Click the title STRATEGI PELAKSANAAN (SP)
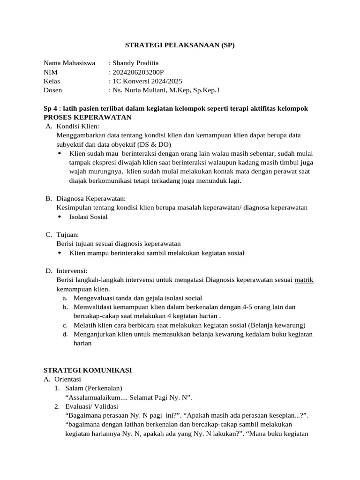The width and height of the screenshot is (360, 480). (x=180, y=45)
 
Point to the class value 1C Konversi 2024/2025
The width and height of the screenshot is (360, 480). (x=147, y=81)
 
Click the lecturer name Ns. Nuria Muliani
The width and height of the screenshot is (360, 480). (x=139, y=90)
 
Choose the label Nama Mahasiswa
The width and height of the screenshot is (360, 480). (x=69, y=63)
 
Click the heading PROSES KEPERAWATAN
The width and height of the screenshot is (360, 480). (x=87, y=117)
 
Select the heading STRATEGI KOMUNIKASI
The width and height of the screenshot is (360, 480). (x=88, y=370)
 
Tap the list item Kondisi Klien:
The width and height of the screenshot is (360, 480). (x=78, y=126)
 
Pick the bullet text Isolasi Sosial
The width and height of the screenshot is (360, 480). (x=88, y=217)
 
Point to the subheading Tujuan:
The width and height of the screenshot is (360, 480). (x=68, y=234)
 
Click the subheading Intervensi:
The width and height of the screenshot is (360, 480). (x=72, y=271)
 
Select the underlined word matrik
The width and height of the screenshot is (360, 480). (x=304, y=280)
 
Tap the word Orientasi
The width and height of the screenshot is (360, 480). (x=68, y=379)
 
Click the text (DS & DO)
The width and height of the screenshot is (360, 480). (x=155, y=144)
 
